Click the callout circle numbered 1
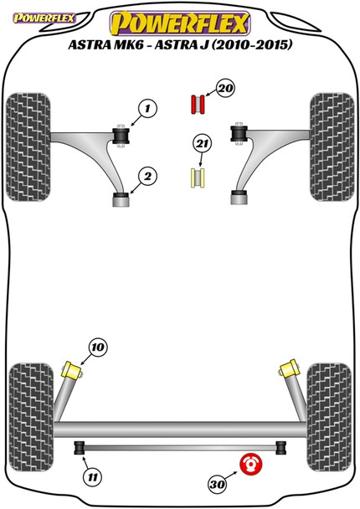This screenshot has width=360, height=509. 147,109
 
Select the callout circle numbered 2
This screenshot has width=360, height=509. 147,177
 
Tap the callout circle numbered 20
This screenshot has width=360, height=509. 225,88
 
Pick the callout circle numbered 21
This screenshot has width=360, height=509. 203,143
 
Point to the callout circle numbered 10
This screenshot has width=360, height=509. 98,347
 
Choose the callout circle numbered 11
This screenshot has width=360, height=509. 93,477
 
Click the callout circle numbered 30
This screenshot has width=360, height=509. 218,485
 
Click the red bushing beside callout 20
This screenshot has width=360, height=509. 198,105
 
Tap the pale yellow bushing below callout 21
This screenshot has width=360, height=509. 198,177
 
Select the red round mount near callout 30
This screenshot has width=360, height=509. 250,464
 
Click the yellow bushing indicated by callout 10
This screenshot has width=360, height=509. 73,370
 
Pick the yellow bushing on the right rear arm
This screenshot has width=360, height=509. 288,368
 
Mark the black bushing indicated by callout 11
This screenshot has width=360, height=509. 80,448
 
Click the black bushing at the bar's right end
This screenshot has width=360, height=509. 281,448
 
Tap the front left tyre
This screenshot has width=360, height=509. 28,147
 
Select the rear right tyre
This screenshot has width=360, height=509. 329,417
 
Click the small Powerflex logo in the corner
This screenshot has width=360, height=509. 44,18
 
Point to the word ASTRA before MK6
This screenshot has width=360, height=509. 90,44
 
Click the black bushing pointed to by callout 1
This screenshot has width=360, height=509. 121,136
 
